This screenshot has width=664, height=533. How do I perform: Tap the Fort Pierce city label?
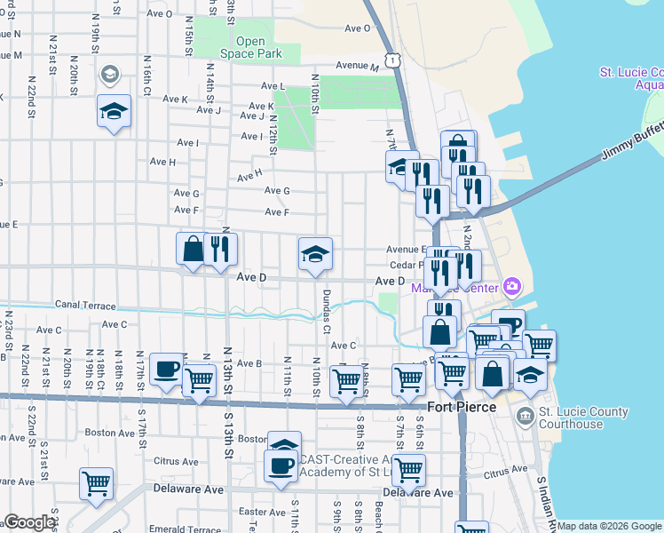pos(460,408)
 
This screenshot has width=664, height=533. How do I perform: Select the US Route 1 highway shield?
pos(391,60)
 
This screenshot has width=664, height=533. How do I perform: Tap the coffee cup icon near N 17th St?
pos(166,369)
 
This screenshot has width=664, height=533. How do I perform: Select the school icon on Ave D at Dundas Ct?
pos(315,255)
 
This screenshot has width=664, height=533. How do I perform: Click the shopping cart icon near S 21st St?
pos(96,484)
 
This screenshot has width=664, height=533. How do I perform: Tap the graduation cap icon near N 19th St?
pos(114,111)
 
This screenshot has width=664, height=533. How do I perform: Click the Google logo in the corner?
pos(29,522)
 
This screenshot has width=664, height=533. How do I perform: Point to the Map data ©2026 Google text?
pos(609,526)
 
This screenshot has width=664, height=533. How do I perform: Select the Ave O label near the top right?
pos(358,28)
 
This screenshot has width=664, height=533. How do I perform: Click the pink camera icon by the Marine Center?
pos(510,286)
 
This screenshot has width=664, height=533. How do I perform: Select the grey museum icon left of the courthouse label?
pos(526,415)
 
